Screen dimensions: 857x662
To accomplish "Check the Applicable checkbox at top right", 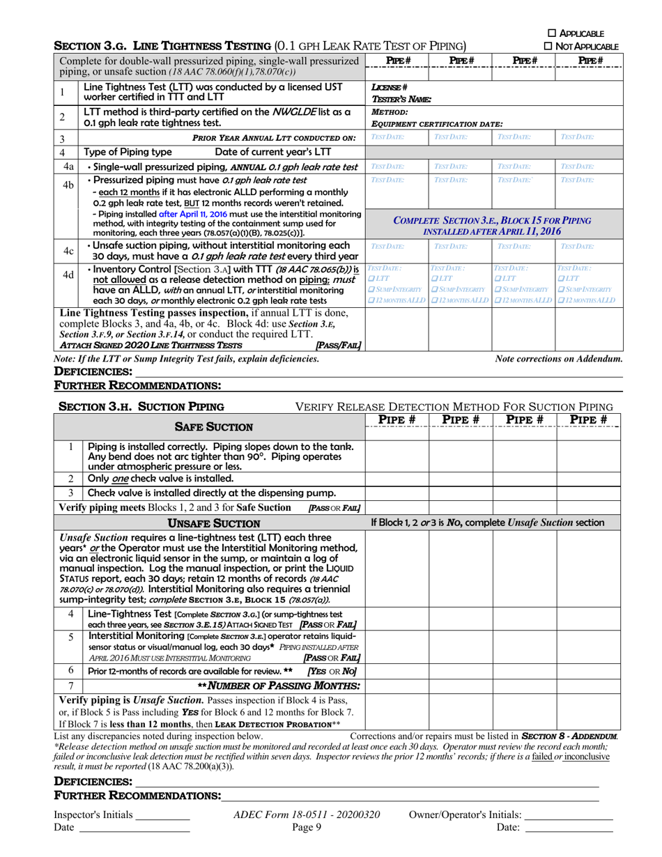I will (553, 33).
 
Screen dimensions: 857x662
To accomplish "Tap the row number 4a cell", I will (68, 167).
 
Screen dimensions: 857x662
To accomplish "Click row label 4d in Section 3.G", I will (68, 275).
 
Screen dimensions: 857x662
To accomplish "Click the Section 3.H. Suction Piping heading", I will (160, 406).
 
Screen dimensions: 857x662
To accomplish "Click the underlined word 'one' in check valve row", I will (118, 479).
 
